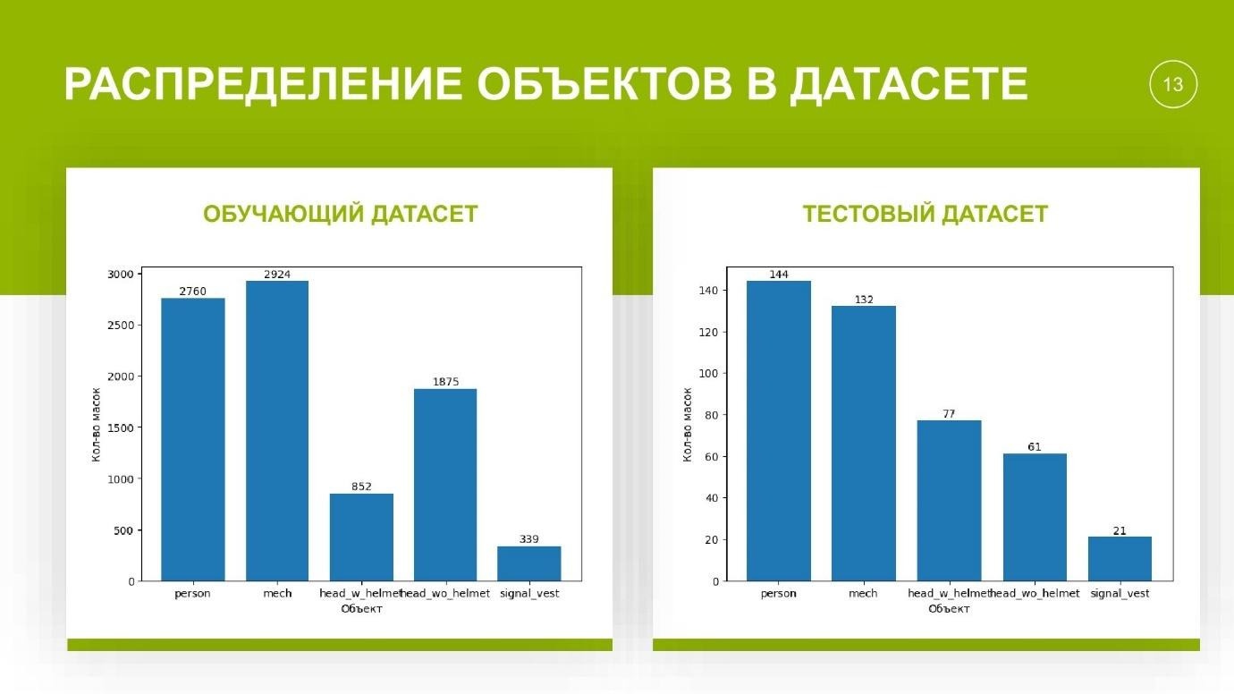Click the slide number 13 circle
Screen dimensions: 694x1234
pos(1172,84)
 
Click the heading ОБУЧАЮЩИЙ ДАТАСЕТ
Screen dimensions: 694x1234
pos(341,215)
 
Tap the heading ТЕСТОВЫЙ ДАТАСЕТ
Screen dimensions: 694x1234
pos(925,215)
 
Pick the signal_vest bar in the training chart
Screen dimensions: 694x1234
pos(529,563)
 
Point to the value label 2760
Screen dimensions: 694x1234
pos(193,292)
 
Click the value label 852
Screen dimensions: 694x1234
pos(361,487)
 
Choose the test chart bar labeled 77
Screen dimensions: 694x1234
pos(949,501)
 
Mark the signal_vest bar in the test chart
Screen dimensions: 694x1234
pos(1120,559)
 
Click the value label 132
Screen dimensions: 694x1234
pos(863,300)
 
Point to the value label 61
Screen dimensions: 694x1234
pos(1035,447)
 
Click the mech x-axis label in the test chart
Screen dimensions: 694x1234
pos(863,594)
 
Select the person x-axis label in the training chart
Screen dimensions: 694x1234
pos(192,594)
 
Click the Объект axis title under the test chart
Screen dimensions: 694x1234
pos(949,609)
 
